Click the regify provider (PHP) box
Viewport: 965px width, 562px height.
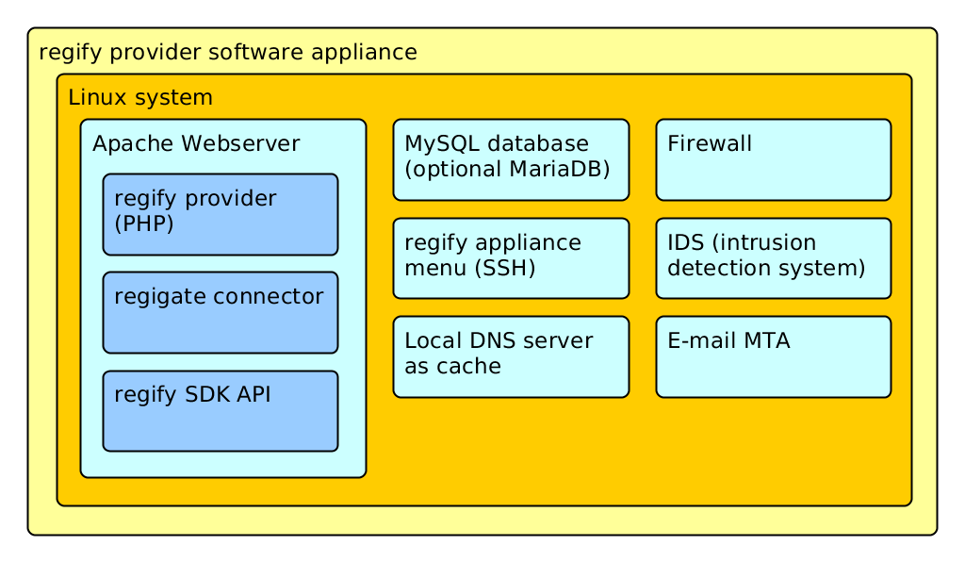pyautogui.click(x=221, y=214)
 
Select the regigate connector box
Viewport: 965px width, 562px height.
pyautogui.click(x=221, y=313)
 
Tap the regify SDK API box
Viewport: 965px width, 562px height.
pyautogui.click(x=221, y=411)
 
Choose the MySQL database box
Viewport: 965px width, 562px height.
pyautogui.click(x=511, y=160)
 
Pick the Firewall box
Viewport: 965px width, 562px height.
pyautogui.click(x=774, y=160)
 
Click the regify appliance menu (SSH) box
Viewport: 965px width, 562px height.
pyautogui.click(x=511, y=258)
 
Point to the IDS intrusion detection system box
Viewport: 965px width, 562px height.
pyautogui.click(x=774, y=258)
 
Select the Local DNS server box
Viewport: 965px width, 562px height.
pyautogui.click(x=511, y=357)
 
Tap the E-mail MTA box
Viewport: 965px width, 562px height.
pyautogui.click(x=774, y=357)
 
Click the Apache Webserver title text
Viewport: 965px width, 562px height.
pyautogui.click(x=196, y=144)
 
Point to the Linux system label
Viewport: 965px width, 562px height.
pyautogui.click(x=140, y=98)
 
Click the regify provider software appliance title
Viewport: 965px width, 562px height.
pyautogui.click(x=228, y=53)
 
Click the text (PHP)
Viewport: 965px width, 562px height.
pyautogui.click(x=144, y=223)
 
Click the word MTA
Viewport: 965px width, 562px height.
pyautogui.click(x=767, y=341)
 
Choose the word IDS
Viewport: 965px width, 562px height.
pyautogui.click(x=686, y=242)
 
